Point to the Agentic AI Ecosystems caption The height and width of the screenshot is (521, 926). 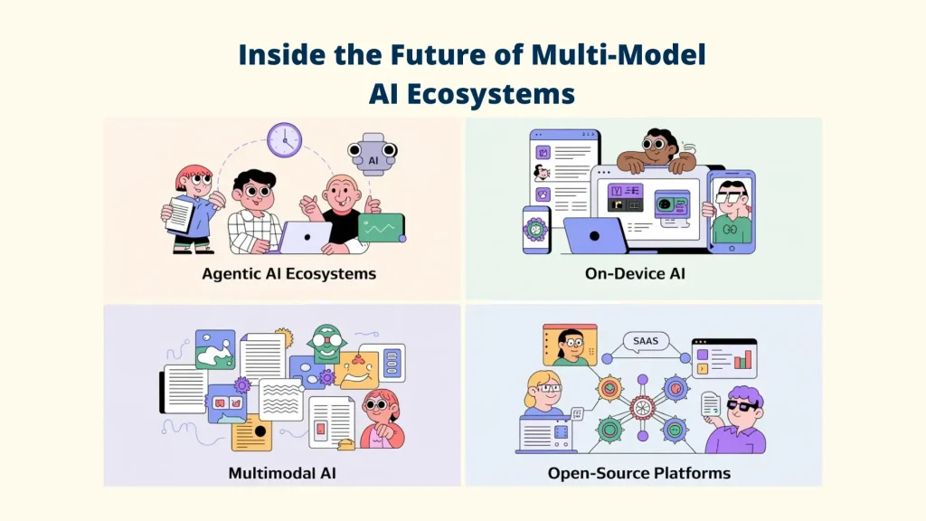[288, 272]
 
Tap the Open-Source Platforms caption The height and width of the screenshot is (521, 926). [638, 472]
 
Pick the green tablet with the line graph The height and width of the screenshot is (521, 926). [381, 228]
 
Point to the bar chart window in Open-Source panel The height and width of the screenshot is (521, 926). [723, 358]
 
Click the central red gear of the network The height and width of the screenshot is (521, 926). [643, 404]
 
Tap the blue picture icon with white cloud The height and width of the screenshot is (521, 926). [215, 348]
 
